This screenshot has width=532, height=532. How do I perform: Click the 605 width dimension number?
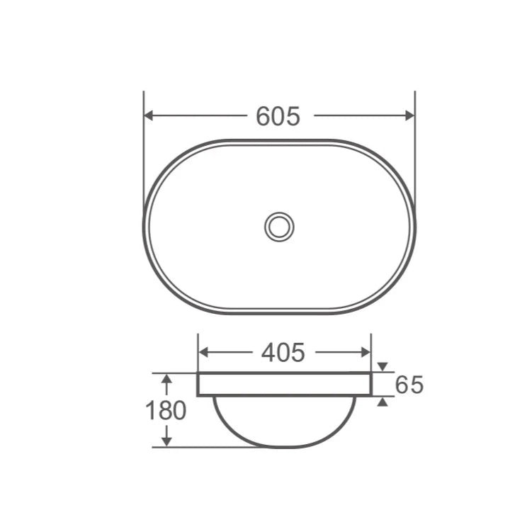[278, 115]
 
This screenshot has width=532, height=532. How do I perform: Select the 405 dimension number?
[283, 352]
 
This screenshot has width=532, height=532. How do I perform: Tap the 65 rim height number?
[409, 385]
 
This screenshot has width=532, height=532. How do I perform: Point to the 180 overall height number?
[166, 411]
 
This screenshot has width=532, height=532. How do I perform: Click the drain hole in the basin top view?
[279, 227]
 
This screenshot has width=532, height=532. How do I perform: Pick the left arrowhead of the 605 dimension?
[149, 115]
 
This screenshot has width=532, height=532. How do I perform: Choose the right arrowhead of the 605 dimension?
[409, 115]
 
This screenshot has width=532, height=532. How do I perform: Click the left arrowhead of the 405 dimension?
[203, 352]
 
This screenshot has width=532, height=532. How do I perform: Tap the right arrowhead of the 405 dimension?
[366, 352]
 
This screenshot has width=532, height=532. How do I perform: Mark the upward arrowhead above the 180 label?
[166, 380]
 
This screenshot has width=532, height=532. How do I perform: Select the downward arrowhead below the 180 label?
[166, 441]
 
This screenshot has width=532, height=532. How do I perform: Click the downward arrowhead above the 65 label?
[383, 367]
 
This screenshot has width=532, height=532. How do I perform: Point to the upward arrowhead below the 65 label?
[383, 402]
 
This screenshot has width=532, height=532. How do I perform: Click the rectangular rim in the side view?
[284, 384]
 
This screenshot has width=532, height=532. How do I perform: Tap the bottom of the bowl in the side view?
[283, 446]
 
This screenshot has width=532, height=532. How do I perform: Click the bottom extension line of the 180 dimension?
[198, 448]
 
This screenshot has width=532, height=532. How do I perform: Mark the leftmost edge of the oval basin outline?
[145, 227]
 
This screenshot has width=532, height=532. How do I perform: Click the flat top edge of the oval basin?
[279, 141]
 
